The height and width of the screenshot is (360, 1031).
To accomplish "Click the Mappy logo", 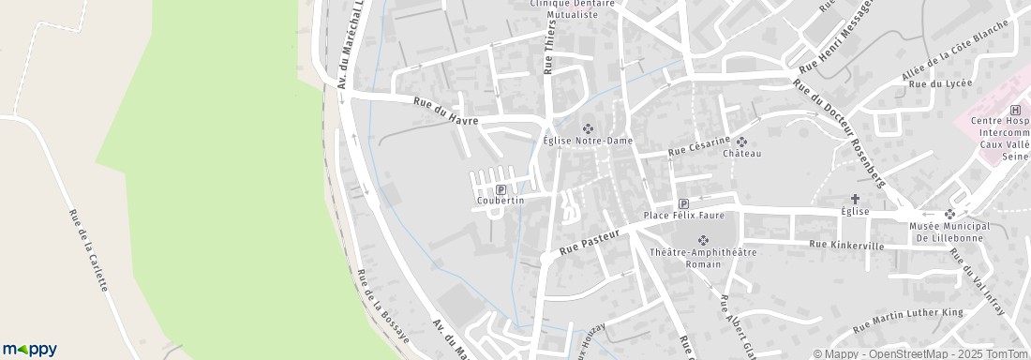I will coord(29,349).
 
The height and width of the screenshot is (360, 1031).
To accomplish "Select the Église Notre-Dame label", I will coord(589,141).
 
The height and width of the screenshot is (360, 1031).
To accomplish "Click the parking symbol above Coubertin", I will coord(500,189).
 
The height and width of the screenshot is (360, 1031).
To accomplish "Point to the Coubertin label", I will coord(500,201).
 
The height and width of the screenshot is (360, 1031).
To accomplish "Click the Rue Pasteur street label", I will coord(591,244).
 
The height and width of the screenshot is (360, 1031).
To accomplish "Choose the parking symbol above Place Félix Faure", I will coord(683,203).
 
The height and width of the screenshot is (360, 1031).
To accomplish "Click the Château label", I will coord(742,153).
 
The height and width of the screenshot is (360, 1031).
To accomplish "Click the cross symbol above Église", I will coord(855,199).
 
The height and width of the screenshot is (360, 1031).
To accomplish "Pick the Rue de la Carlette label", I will coord(88,249).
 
